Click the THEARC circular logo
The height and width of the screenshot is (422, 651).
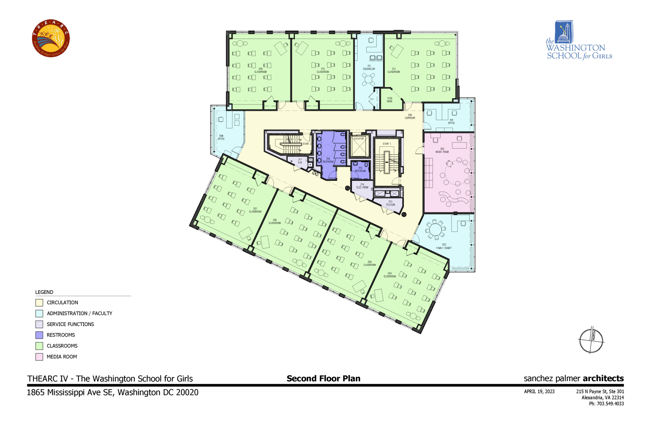pos(51,38)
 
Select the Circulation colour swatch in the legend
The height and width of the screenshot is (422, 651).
pos(39,303)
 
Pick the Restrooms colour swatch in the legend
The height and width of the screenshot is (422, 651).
pos(39,335)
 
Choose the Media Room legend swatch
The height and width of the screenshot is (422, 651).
pos(39,357)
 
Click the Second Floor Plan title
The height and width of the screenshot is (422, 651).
pos(323,378)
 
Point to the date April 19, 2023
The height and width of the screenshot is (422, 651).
pos(539,391)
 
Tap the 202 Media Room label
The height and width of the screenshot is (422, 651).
pos(442,150)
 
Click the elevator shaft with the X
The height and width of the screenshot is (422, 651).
pos(359,147)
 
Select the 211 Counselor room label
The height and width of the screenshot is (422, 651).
pos(369,68)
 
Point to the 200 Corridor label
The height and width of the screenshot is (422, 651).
pos(410,117)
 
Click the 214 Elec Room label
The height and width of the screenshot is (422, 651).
pos(362,186)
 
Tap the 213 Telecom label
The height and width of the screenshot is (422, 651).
pos(390,203)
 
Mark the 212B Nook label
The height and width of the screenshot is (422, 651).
pos(389,100)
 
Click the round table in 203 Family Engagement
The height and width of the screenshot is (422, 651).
pos(435,229)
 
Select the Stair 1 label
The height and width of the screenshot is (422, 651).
pos(387,144)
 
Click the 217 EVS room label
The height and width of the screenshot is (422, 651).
pos(300,161)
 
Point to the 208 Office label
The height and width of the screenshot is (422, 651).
pos(221,137)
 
